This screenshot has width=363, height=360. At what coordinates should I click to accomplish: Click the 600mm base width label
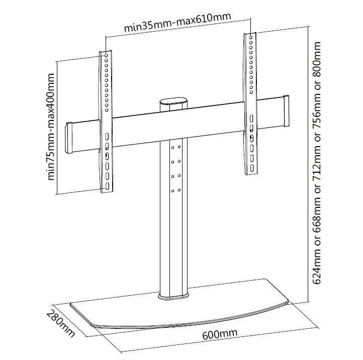pyautogui.click(x=220, y=334)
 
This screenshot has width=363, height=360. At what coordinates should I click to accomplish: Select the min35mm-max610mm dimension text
pyautogui.click(x=177, y=22)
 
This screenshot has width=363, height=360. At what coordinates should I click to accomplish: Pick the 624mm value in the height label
pyautogui.click(x=316, y=265)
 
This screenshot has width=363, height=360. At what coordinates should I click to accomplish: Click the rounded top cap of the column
pyautogui.click(x=173, y=101)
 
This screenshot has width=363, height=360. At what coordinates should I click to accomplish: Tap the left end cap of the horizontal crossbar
pyautogui.click(x=69, y=138)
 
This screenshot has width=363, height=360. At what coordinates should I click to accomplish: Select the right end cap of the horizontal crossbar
pyautogui.click(x=287, y=111)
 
